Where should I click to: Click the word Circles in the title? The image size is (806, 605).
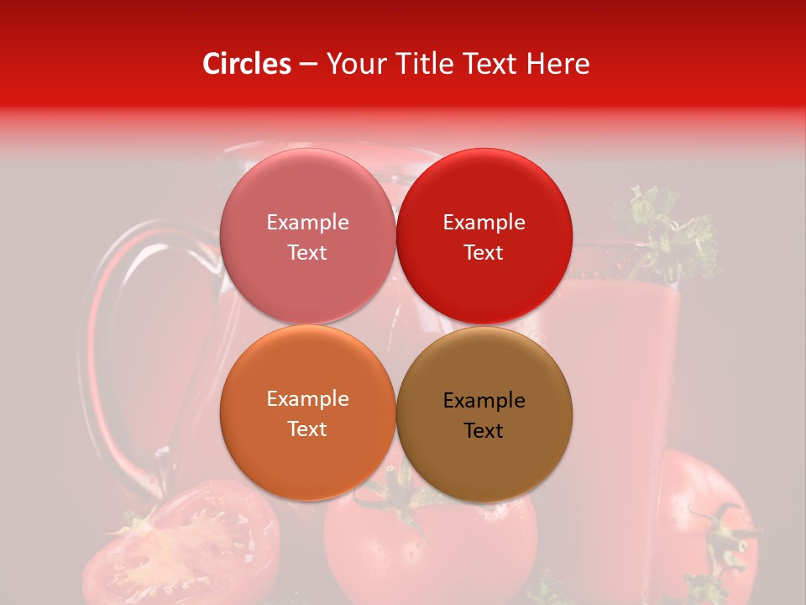[247, 64]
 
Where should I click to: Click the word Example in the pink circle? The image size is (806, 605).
[307, 223]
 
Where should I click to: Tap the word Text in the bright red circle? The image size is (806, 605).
[484, 253]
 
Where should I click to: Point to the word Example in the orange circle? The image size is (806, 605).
[307, 399]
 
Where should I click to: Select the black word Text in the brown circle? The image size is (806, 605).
[484, 431]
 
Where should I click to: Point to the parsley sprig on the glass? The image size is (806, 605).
[667, 231]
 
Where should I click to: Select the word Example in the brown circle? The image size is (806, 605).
[484, 401]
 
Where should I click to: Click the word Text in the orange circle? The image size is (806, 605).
[307, 429]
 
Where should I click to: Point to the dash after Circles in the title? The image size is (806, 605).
[308, 65]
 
